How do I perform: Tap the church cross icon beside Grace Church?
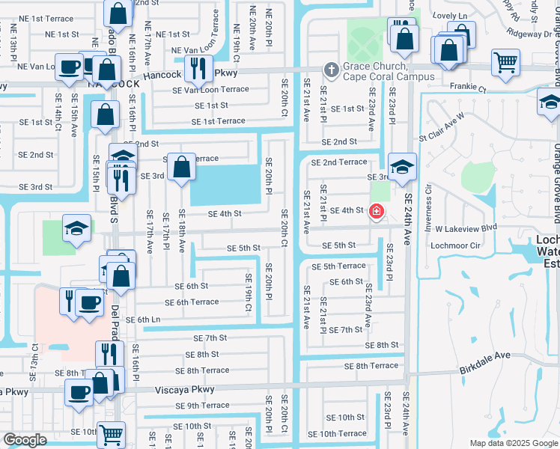coord(330,70)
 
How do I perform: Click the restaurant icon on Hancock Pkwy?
coord(197,68)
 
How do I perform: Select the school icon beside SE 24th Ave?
coord(402,165)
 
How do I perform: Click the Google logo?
coord(25,440)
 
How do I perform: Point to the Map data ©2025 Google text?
coord(513,443)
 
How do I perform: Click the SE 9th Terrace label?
coord(204,406)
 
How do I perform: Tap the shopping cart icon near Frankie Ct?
coord(506,62)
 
